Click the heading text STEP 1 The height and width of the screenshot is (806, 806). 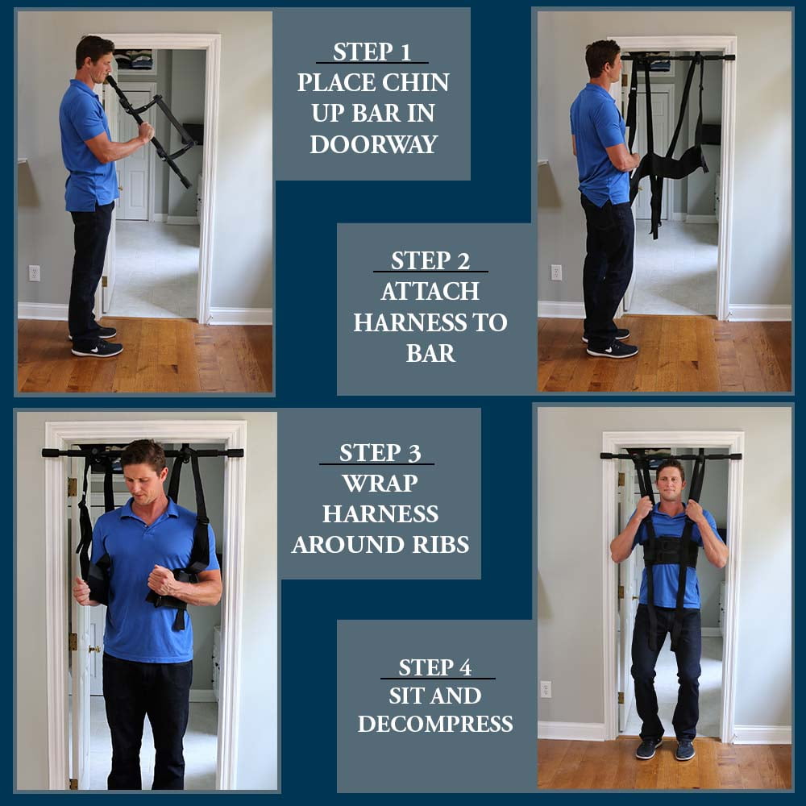(372, 52)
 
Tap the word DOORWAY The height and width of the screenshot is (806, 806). (374, 144)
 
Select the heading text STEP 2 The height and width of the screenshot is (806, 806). (430, 260)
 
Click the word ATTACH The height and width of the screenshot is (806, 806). (430, 292)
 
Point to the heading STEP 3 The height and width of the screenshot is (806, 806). (380, 453)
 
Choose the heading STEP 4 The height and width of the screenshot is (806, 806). (435, 667)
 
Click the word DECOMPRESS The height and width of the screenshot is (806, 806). (435, 724)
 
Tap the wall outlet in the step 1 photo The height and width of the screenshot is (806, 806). (35, 273)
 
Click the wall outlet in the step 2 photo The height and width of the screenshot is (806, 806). (556, 272)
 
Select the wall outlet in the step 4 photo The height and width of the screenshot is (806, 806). (546, 689)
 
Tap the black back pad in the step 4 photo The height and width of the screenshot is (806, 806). (671, 551)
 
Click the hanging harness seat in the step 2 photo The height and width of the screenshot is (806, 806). (668, 165)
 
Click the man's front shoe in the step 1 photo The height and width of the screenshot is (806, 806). (98, 349)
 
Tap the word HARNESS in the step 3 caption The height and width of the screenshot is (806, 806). (380, 514)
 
